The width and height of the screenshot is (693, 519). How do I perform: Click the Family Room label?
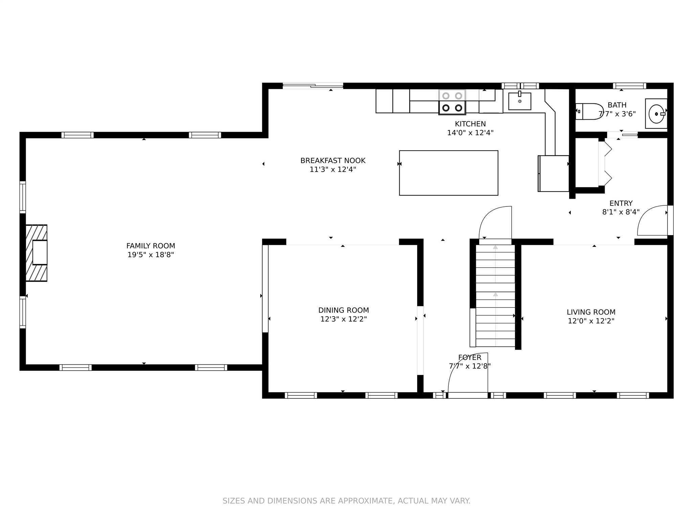click(x=151, y=246)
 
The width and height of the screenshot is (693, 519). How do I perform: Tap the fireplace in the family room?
click(x=37, y=253)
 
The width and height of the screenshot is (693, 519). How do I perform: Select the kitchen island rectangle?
click(x=448, y=173)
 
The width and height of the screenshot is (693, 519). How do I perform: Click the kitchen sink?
click(x=520, y=101)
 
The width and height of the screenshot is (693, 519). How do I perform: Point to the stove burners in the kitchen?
click(x=452, y=102)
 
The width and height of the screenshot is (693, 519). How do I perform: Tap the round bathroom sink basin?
click(x=656, y=114)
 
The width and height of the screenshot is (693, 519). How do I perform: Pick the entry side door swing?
click(x=652, y=220)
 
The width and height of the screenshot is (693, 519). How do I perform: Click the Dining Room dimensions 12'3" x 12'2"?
click(x=343, y=319)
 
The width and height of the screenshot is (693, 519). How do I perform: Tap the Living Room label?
click(x=591, y=312)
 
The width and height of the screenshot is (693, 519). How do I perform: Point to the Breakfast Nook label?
click(x=333, y=161)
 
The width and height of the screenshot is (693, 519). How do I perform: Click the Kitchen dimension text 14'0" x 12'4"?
click(x=470, y=133)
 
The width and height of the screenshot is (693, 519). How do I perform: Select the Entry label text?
click(x=621, y=203)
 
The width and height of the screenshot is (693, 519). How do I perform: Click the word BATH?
click(x=617, y=105)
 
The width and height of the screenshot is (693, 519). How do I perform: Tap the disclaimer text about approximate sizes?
click(x=346, y=501)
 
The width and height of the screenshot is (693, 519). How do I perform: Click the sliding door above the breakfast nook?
click(x=313, y=86)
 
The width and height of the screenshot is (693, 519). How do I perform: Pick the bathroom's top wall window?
click(x=629, y=86)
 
